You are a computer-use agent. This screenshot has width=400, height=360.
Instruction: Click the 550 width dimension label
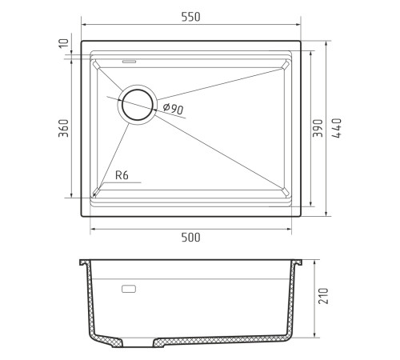(190, 17)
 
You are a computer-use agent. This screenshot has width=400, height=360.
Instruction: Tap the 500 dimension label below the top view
(190, 238)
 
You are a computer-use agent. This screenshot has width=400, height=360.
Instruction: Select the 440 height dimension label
(337, 128)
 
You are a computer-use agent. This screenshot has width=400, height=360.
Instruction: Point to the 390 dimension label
(318, 128)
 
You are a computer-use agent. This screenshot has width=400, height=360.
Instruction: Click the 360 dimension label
(63, 128)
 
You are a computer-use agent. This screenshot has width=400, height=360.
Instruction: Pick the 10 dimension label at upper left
(63, 43)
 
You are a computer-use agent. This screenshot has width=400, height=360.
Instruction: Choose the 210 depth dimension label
(323, 296)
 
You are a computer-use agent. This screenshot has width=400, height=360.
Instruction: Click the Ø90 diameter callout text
(174, 109)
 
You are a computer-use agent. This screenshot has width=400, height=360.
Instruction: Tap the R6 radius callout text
(122, 175)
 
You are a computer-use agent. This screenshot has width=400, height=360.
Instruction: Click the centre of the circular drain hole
(138, 105)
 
